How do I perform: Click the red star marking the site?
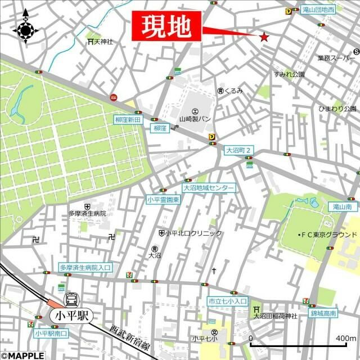(x=264, y=37)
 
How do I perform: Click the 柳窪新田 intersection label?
(x=124, y=119)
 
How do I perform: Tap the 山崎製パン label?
(x=195, y=119)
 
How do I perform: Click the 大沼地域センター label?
(x=209, y=188)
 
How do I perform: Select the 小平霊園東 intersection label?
(x=163, y=199)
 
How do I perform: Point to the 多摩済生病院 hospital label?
(x=87, y=214)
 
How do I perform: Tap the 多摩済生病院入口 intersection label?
(x=85, y=267)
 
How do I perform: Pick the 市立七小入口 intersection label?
(x=227, y=301)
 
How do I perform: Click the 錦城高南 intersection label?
(x=323, y=313)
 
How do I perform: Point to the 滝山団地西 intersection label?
(x=318, y=10)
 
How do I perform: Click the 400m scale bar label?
(x=342, y=338)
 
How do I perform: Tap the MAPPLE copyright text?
(x=22, y=355)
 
